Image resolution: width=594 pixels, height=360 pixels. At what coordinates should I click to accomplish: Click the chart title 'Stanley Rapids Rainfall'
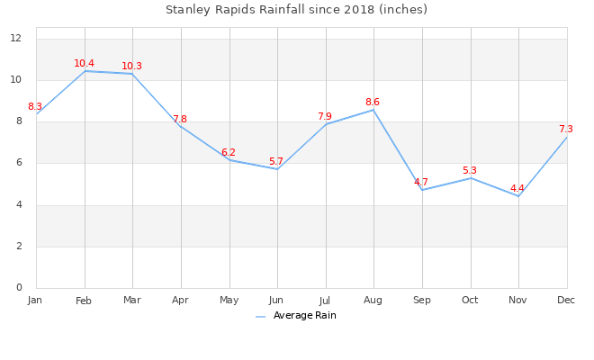click(296, 10)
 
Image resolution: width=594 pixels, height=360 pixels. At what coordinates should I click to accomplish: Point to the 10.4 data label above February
click(84, 64)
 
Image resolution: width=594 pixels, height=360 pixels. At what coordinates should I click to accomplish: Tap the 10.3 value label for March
click(132, 67)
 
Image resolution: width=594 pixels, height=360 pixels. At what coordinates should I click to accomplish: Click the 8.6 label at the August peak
click(373, 103)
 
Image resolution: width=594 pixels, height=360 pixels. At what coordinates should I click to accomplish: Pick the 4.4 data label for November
click(517, 189)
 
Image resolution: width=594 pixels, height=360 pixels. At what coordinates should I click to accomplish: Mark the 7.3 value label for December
click(566, 130)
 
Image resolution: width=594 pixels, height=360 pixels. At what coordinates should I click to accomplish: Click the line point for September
click(422, 190)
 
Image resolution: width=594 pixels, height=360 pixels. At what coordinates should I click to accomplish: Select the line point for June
click(277, 169)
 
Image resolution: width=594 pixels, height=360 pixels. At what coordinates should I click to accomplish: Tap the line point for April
click(181, 126)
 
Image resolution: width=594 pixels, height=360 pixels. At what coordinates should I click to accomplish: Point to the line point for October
click(470, 178)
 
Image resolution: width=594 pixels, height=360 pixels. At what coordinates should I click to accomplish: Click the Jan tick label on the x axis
click(35, 300)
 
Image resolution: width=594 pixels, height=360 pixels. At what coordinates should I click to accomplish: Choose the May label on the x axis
click(229, 301)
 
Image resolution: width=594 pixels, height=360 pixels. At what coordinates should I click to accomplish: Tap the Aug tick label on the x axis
click(373, 301)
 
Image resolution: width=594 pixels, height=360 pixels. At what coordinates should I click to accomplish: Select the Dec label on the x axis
click(566, 300)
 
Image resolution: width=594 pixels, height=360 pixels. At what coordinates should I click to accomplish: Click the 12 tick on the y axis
click(16, 39)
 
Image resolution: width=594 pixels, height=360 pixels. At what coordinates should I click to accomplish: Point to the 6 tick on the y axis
click(19, 164)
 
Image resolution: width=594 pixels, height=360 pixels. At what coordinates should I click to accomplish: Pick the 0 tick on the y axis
click(19, 288)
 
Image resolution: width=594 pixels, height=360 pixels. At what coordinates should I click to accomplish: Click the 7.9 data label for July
click(325, 117)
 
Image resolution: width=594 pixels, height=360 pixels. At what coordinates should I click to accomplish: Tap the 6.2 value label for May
click(229, 153)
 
